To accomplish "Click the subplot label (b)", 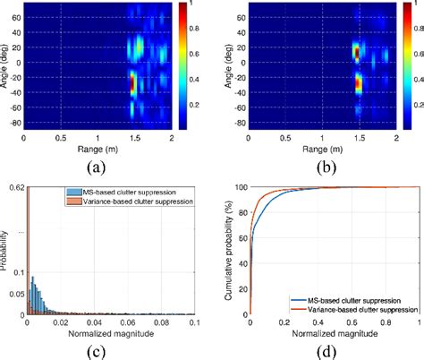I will [x=318, y=166].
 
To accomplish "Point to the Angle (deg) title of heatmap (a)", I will [x=7, y=64].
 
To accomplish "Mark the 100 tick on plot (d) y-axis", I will [x=237, y=188].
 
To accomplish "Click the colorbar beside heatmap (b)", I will [x=408, y=67].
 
